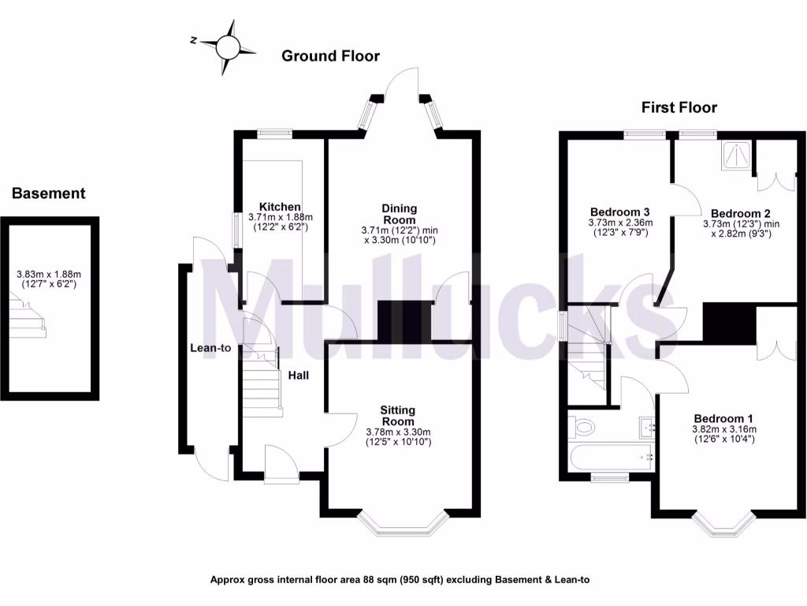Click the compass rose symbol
228,48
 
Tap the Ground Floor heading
330,56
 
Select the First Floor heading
679,107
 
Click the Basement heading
48,193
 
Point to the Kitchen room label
280,207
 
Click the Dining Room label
400,214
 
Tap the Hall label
297,376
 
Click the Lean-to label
210,348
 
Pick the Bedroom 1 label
723,418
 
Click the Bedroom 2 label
740,213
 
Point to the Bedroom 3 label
619,212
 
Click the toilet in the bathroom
582,428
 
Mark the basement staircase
28,312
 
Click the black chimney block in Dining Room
406,320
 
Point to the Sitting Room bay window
403,524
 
